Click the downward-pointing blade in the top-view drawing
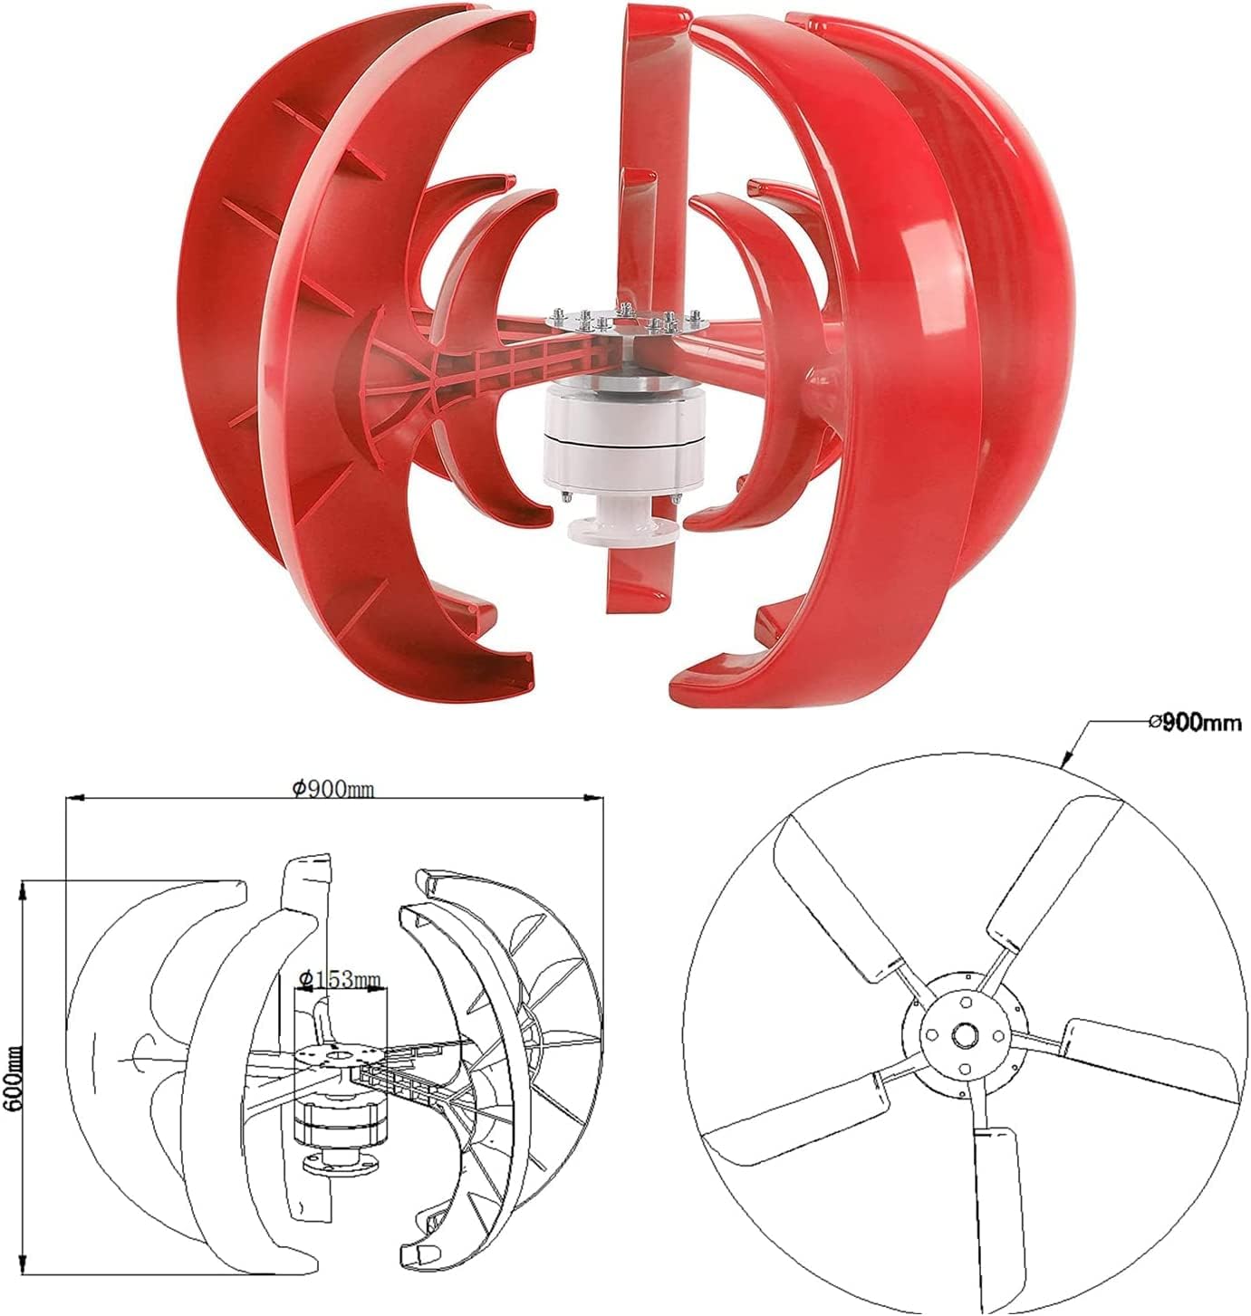(x=1000, y=1205)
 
